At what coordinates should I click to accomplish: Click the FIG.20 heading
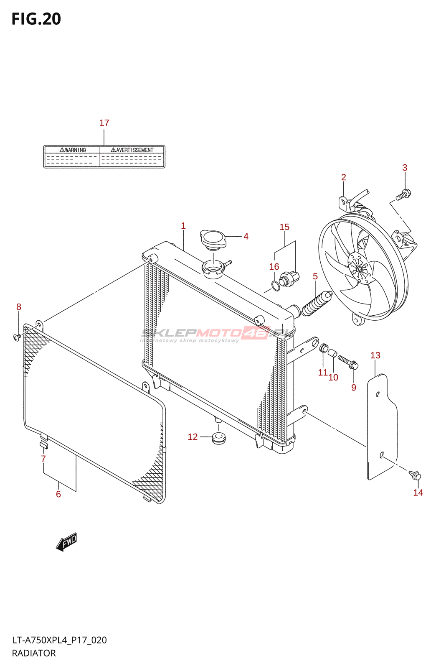pyautogui.click(x=36, y=19)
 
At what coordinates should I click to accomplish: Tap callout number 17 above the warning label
pyautogui.click(x=104, y=123)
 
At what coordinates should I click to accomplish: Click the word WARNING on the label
pyautogui.click(x=73, y=150)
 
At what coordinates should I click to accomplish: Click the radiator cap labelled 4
pyautogui.click(x=213, y=239)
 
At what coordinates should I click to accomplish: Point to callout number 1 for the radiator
pyautogui.click(x=183, y=226)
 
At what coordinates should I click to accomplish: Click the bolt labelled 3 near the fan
pyautogui.click(x=403, y=194)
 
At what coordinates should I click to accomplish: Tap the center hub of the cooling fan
pyautogui.click(x=358, y=268)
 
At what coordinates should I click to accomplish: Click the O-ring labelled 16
pyautogui.click(x=276, y=286)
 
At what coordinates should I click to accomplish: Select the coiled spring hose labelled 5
pyautogui.click(x=316, y=304)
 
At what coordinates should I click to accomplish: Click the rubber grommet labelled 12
pyautogui.click(x=218, y=438)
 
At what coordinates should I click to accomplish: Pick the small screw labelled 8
pyautogui.click(x=17, y=337)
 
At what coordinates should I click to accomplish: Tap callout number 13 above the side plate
pyautogui.click(x=375, y=355)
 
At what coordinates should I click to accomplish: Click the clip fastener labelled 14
pyautogui.click(x=416, y=476)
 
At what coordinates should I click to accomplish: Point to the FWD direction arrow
pyautogui.click(x=67, y=542)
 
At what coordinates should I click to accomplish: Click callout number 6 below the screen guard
pyautogui.click(x=58, y=494)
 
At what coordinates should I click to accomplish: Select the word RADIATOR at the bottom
pyautogui.click(x=34, y=653)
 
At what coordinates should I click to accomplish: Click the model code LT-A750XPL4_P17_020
pyautogui.click(x=59, y=640)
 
